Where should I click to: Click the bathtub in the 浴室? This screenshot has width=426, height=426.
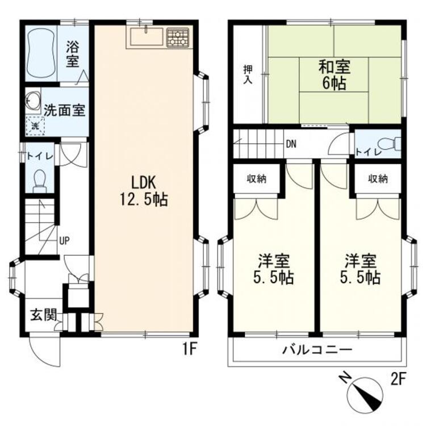point(41,53)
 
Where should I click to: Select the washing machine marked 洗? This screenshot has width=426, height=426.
point(35,126)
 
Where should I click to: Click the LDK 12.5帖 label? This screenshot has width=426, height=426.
point(144,191)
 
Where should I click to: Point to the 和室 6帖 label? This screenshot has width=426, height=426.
point(334,74)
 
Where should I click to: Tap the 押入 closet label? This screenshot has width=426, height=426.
point(248,74)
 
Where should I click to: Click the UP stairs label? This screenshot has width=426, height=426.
point(65,240)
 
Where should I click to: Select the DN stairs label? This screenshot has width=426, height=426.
point(291,144)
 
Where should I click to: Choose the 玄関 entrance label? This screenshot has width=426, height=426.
point(44,315)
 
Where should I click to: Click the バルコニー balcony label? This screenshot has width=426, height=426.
point(317,349)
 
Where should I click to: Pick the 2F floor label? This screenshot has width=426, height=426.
point(398,379)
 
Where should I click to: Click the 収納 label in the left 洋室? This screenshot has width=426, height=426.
point(257,179)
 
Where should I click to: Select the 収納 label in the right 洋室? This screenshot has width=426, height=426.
point(378,179)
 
